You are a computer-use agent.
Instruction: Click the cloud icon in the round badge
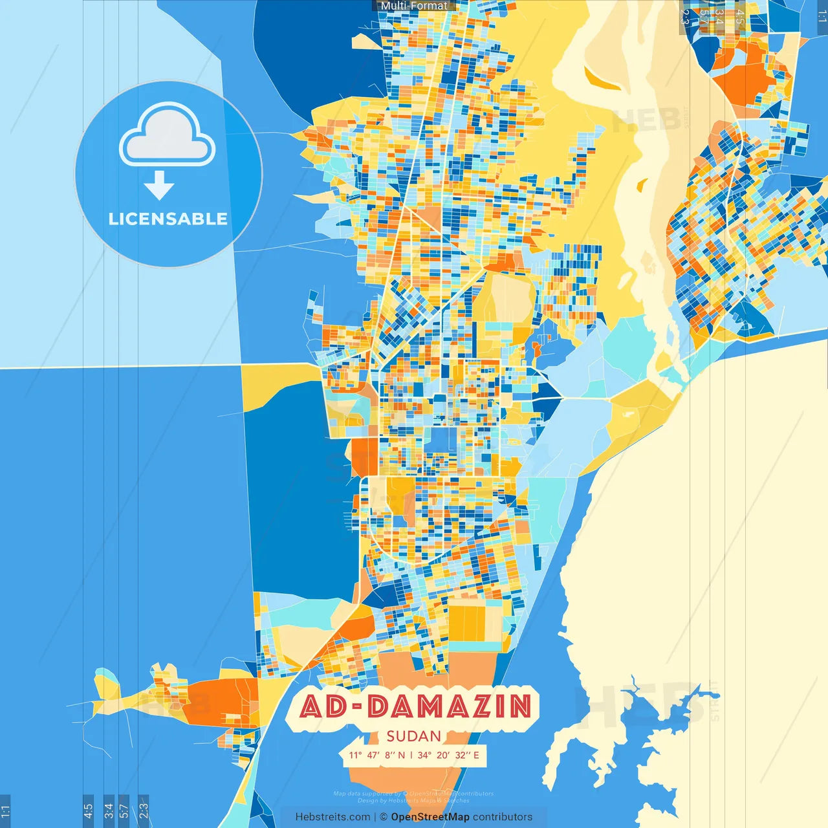click(168, 136)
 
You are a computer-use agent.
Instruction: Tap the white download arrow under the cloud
click(159, 186)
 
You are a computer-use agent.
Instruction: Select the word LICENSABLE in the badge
click(168, 219)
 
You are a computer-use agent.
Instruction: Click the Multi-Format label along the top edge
click(414, 6)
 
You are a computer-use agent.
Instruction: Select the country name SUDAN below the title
click(414, 736)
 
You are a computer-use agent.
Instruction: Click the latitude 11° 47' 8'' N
click(376, 755)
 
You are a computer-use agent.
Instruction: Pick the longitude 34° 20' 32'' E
click(449, 755)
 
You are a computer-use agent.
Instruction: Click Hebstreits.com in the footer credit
click(332, 817)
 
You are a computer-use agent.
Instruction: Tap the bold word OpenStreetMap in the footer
click(430, 817)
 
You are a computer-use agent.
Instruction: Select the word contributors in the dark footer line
click(503, 817)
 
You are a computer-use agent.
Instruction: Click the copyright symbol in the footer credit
click(384, 817)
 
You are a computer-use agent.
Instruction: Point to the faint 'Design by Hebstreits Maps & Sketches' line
click(413, 801)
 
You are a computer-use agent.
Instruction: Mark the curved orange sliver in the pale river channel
click(605, 81)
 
